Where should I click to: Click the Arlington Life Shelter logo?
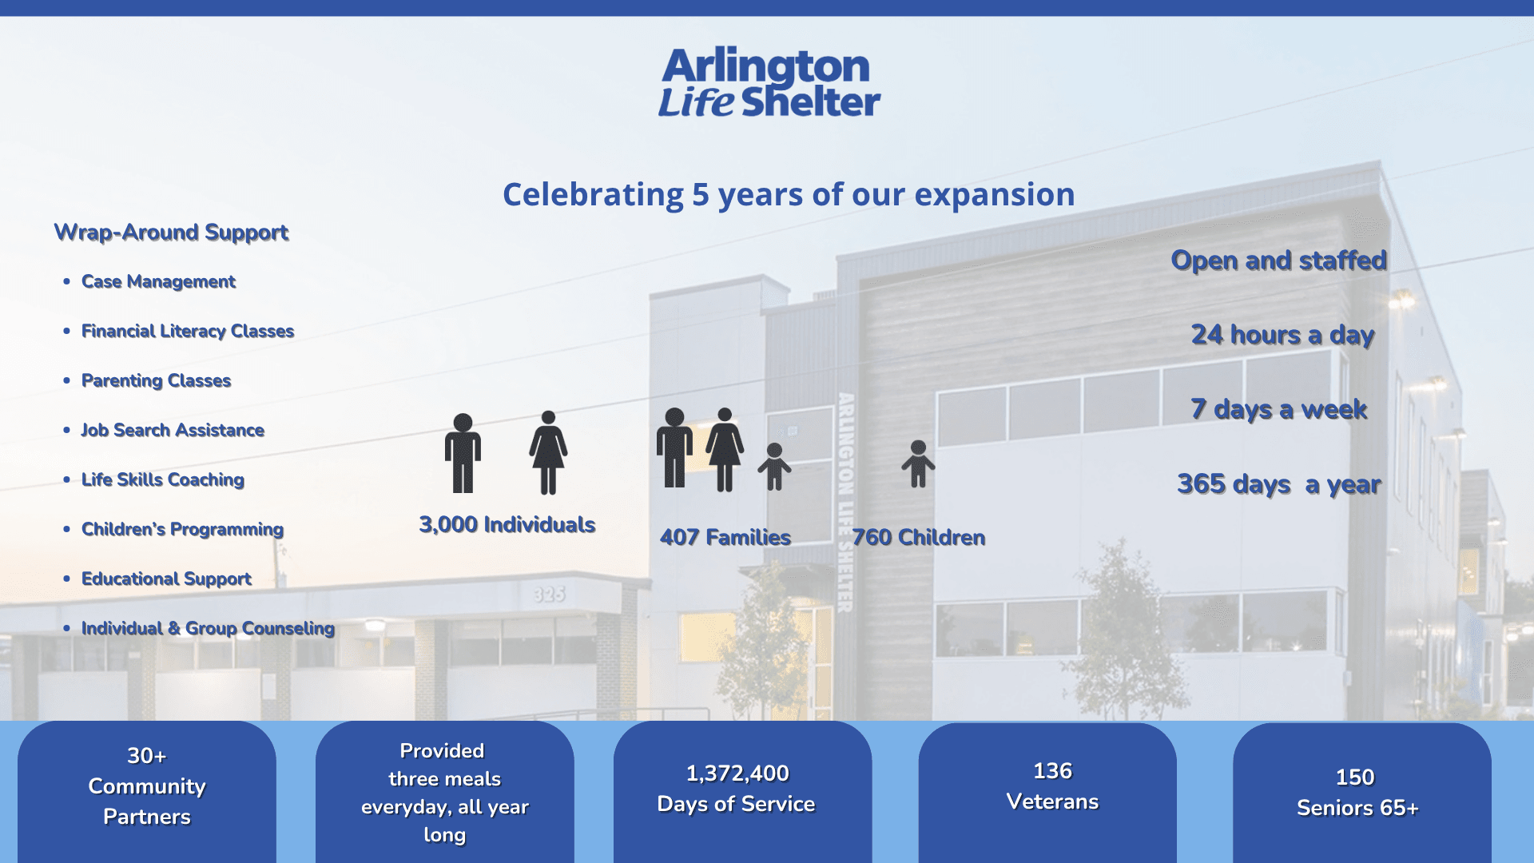pos(769,82)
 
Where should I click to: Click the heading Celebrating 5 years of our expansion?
pos(789,194)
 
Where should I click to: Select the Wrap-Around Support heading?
pos(171,233)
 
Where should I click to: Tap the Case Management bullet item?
pos(158,282)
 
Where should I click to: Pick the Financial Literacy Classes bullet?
pos(188,332)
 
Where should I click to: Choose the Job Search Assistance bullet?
pos(173,431)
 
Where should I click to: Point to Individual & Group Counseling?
pos(208,629)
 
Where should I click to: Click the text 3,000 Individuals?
pos(507,525)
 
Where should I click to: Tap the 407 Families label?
pos(725,538)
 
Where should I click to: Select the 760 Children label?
pos(919,538)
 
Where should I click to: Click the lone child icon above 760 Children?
pos(918,464)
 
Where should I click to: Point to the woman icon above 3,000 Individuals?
pos(548,453)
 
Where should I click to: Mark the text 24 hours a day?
pos(1282,335)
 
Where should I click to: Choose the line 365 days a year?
pos(1279,484)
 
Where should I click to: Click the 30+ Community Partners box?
pos(147,792)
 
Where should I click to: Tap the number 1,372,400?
pos(737,774)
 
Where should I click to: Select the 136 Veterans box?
pos(1047,793)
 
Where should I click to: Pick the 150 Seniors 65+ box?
pos(1362,793)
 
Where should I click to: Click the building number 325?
pos(550,595)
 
